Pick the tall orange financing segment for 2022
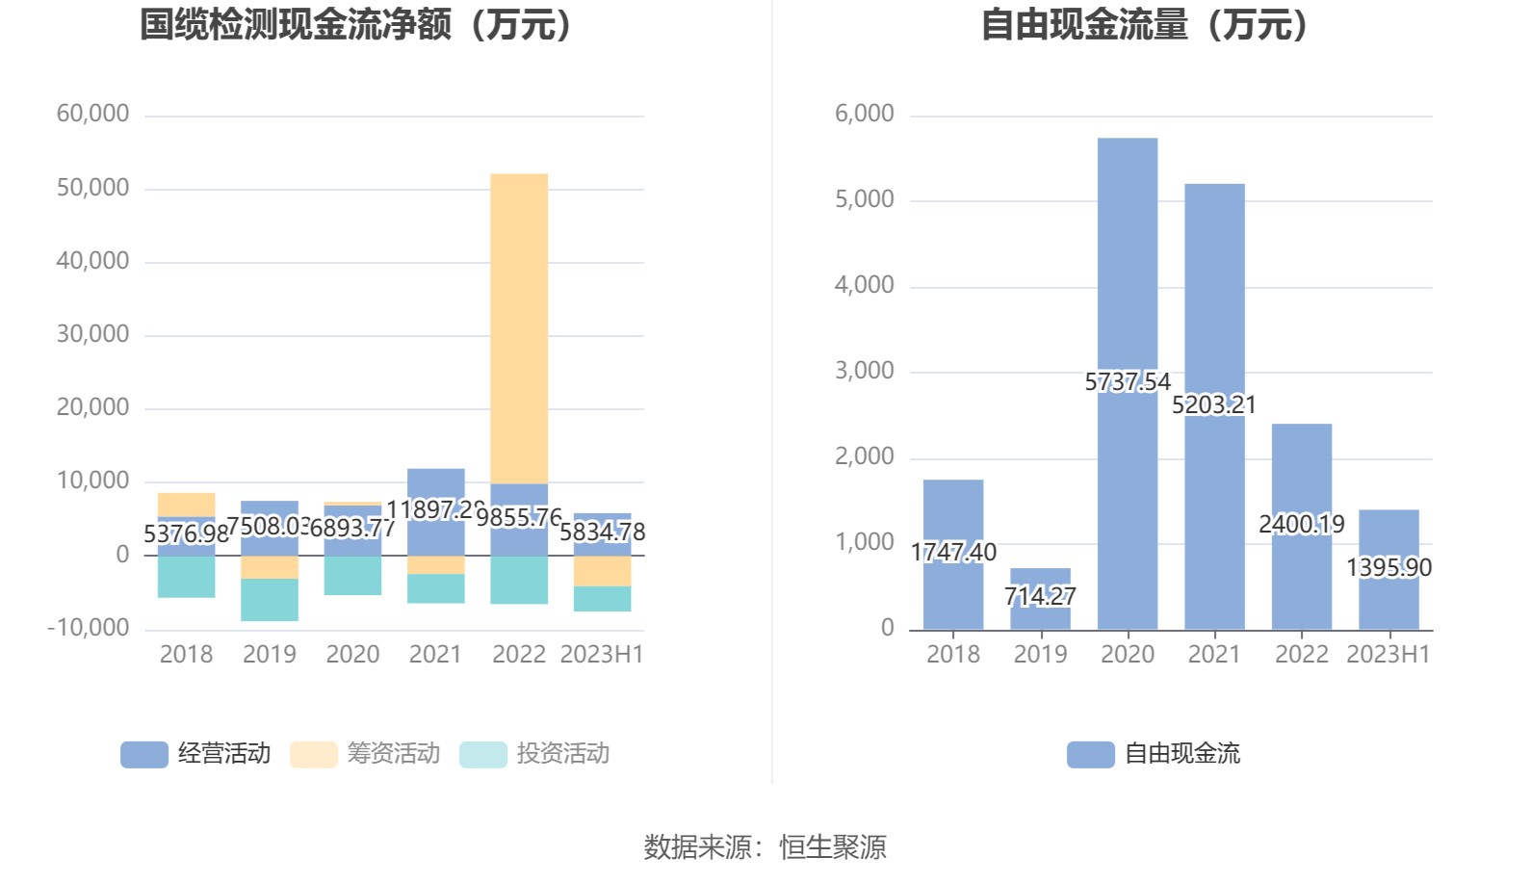519,327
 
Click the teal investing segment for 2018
186,577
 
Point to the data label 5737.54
1128,382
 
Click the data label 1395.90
1388,567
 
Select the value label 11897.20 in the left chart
434,509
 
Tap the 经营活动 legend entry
196,753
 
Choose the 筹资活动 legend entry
366,753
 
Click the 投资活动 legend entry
535,753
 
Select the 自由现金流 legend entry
1154,753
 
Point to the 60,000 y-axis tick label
92,114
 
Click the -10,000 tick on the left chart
88,628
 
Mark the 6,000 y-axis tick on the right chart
864,114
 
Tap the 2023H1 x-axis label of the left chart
602,655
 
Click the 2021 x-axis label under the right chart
1214,655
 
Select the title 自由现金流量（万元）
1146,25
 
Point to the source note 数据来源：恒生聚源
765,847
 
